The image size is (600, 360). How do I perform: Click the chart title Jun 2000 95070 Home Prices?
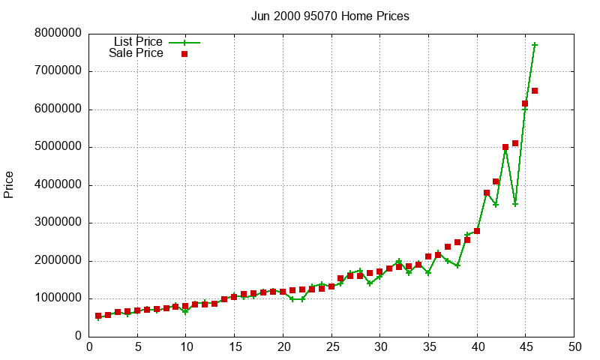[330, 16]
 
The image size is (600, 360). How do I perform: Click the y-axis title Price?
[9, 184]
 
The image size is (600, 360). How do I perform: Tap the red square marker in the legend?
[184, 54]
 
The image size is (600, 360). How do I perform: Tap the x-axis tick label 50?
[574, 347]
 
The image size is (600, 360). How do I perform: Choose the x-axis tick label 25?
[331, 347]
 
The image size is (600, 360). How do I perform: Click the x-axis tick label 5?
[137, 347]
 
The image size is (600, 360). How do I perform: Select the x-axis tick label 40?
[477, 347]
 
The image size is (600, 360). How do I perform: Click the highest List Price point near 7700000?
[535, 45]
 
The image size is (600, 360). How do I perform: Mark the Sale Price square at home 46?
[535, 91]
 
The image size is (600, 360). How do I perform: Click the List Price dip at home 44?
[515, 204]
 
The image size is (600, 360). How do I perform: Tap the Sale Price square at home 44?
[515, 143]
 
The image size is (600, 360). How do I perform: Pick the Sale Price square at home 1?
[98, 316]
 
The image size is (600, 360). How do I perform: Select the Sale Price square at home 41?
[487, 193]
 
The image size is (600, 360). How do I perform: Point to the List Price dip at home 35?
[428, 272]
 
